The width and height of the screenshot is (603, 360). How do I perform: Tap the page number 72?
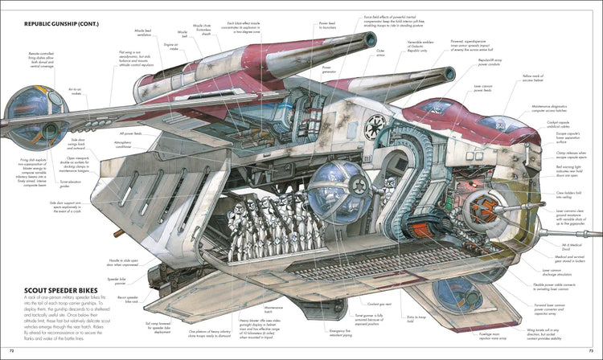click(x=10, y=351)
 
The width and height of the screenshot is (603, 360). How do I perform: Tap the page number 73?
click(x=592, y=351)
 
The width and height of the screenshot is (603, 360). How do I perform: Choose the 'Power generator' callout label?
click(x=328, y=70)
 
